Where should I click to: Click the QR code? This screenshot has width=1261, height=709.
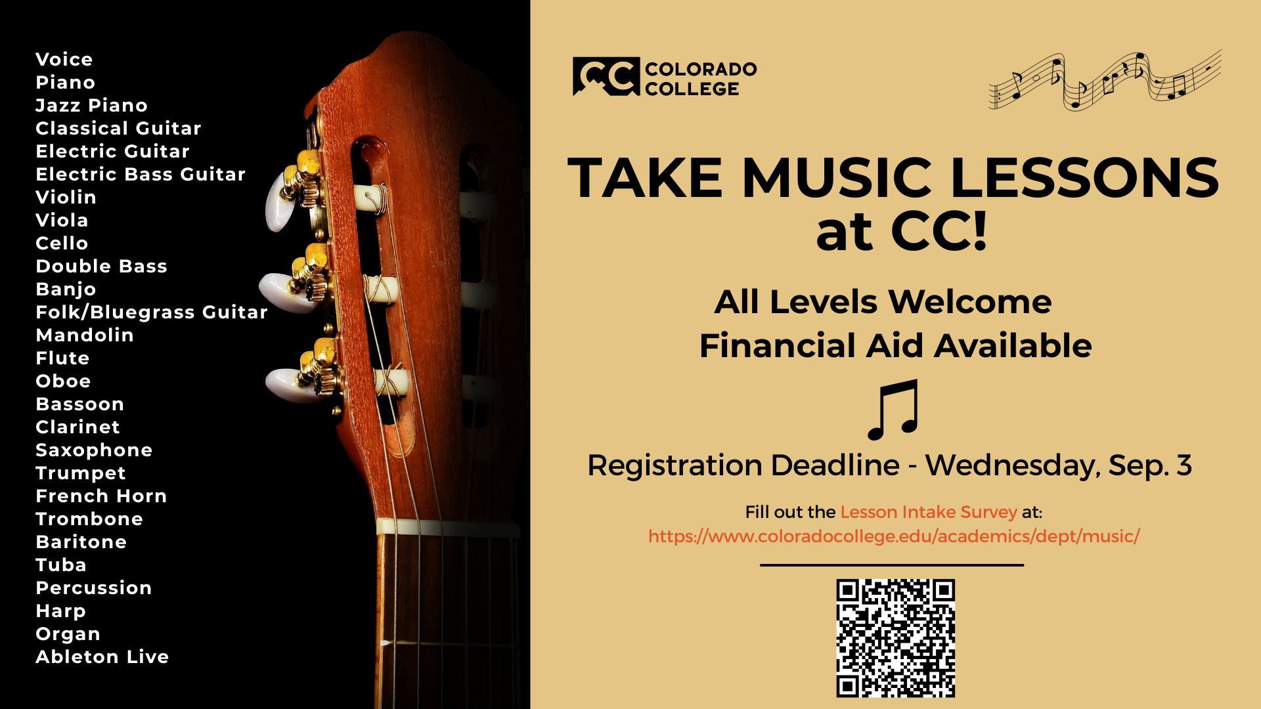pyautogui.click(x=895, y=637)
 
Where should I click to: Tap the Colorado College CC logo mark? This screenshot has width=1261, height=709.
pyautogui.click(x=606, y=76)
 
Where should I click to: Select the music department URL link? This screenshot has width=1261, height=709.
pyautogui.click(x=894, y=536)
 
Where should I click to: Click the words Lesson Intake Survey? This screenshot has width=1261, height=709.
pyautogui.click(x=929, y=512)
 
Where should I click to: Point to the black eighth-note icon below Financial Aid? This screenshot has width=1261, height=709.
pyautogui.click(x=893, y=410)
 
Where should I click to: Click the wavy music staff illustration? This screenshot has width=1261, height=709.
pyautogui.click(x=1105, y=81)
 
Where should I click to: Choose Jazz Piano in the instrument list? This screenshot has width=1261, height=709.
pyautogui.click(x=91, y=106)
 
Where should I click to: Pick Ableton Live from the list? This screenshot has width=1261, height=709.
pyautogui.click(x=102, y=657)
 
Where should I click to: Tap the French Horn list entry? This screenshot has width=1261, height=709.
pyautogui.click(x=101, y=496)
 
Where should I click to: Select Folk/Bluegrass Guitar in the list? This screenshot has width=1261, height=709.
pyautogui.click(x=152, y=312)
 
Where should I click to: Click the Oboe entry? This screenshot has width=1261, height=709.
pyautogui.click(x=63, y=381)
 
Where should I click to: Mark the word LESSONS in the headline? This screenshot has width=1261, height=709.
pyautogui.click(x=1084, y=178)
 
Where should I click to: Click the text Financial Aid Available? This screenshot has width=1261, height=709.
pyautogui.click(x=895, y=346)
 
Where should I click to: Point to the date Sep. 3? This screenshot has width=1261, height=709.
pyautogui.click(x=1150, y=465)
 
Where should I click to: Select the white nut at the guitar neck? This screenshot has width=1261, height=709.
pyautogui.click(x=447, y=527)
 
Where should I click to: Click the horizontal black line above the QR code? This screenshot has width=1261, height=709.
pyautogui.click(x=892, y=565)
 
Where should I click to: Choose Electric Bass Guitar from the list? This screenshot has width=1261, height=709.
pyautogui.click(x=141, y=175)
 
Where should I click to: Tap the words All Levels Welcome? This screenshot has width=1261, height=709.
pyautogui.click(x=883, y=302)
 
